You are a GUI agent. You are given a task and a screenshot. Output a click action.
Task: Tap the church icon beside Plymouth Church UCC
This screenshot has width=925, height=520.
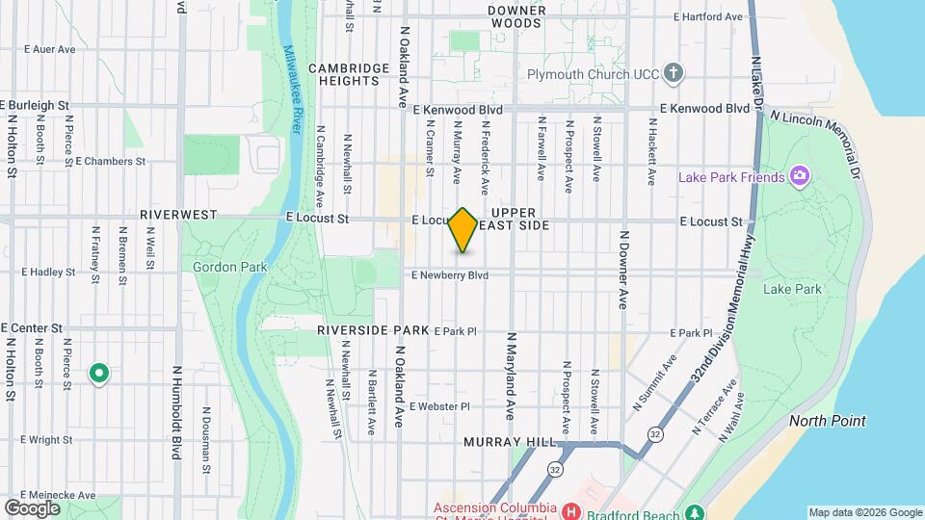coord(674,73)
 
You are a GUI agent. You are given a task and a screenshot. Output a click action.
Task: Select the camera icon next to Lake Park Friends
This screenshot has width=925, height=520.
coord(798,176)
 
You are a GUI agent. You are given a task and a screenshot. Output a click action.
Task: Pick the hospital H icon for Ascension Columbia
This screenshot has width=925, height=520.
coord(570,509)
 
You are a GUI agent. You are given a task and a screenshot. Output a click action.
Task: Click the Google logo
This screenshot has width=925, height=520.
coord(32,507)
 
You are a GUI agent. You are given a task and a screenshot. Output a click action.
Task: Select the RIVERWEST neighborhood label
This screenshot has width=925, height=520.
coord(179,214)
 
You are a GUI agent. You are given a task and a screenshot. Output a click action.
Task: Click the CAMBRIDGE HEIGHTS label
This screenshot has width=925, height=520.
coord(343,74)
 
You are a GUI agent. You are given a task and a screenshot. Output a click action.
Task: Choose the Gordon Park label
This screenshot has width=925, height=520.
coord(222,267)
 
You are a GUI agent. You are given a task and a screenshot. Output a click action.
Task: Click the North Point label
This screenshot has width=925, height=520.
coord(827,421)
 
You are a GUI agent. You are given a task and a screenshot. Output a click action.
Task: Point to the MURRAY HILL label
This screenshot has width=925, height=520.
coord(510,442)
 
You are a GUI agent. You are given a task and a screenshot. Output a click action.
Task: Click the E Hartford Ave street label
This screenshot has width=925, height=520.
coord(708,16)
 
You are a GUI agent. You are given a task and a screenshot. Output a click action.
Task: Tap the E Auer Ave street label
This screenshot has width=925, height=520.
coord(49,48)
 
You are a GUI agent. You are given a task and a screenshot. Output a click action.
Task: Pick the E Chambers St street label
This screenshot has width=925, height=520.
coord(110,162)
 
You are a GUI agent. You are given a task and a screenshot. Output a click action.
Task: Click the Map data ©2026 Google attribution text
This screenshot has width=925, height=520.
coord(864,512)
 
